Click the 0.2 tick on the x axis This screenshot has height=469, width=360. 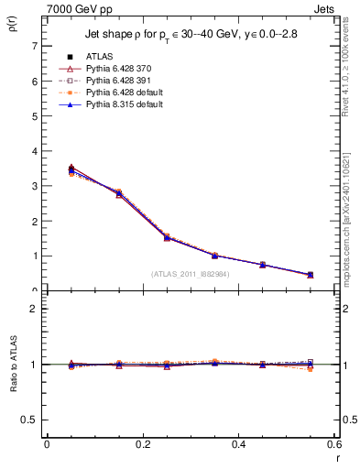click(143, 444)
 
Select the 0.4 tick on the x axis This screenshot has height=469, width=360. click(239, 444)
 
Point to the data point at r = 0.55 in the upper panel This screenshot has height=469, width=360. click(310, 275)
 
